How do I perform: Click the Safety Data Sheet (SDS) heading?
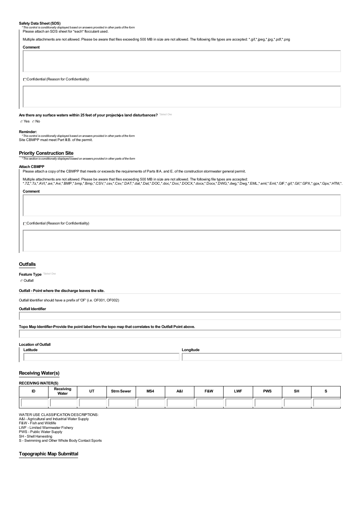click(x=40, y=24)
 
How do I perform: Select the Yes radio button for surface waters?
click(x=22, y=122)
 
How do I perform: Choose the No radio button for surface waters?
click(x=33, y=122)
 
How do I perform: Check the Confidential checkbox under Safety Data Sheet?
click(x=25, y=80)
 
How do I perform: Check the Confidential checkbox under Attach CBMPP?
click(x=25, y=224)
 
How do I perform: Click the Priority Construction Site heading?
click(x=46, y=153)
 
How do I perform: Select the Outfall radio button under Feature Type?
click(x=22, y=281)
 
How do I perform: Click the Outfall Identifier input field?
click(x=180, y=316)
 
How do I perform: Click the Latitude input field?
click(x=101, y=357)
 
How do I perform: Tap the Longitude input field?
click(x=261, y=357)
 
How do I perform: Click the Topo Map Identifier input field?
click(x=180, y=334)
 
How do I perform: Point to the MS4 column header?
click(x=150, y=391)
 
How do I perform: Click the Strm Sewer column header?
click(x=121, y=391)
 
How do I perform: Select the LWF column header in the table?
click(x=238, y=391)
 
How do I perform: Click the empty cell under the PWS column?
click(x=267, y=403)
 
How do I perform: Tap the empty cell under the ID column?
click(x=34, y=403)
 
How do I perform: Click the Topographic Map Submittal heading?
click(x=49, y=454)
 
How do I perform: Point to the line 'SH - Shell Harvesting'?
click(x=36, y=436)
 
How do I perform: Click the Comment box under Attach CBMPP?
click(x=182, y=206)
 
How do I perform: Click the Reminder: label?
click(x=28, y=132)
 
